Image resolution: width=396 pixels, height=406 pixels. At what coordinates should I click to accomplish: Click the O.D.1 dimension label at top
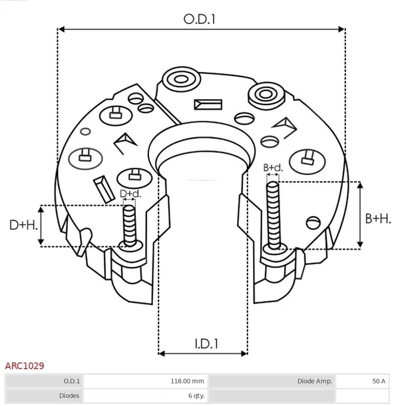click(200, 19)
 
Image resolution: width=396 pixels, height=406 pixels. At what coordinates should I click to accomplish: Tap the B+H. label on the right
click(378, 218)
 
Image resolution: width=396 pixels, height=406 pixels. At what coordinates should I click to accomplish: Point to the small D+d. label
click(130, 194)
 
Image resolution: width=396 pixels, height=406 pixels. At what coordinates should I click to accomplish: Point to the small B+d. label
click(273, 168)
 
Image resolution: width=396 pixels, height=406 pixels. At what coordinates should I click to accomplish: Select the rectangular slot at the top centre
click(208, 104)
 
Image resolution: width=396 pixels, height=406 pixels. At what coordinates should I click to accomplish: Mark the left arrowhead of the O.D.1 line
click(61, 29)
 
